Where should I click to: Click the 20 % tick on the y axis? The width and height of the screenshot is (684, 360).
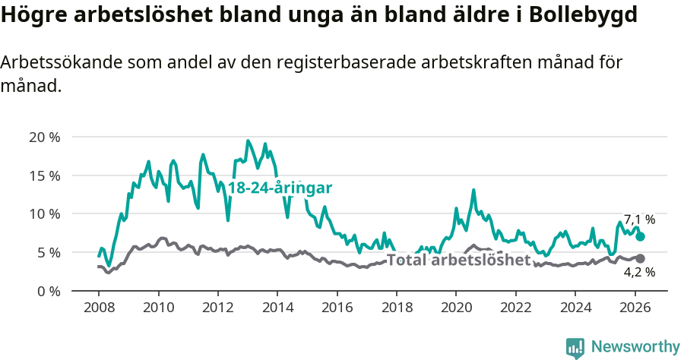(44, 137)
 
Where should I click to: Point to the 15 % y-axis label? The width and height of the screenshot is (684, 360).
(44, 175)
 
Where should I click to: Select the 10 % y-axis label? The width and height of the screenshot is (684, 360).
(44, 214)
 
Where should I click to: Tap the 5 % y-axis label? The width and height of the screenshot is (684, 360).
(48, 253)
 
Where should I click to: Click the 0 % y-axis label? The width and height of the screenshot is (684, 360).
(48, 291)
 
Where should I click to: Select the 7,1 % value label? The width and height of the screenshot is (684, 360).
(639, 219)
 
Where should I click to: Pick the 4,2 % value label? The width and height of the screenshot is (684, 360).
(639, 272)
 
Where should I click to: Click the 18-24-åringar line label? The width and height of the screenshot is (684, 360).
(280, 188)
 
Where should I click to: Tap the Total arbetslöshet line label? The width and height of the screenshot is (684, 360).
(458, 261)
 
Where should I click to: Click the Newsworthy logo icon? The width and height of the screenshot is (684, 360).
(575, 347)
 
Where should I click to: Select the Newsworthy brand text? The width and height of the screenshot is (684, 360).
(635, 347)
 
